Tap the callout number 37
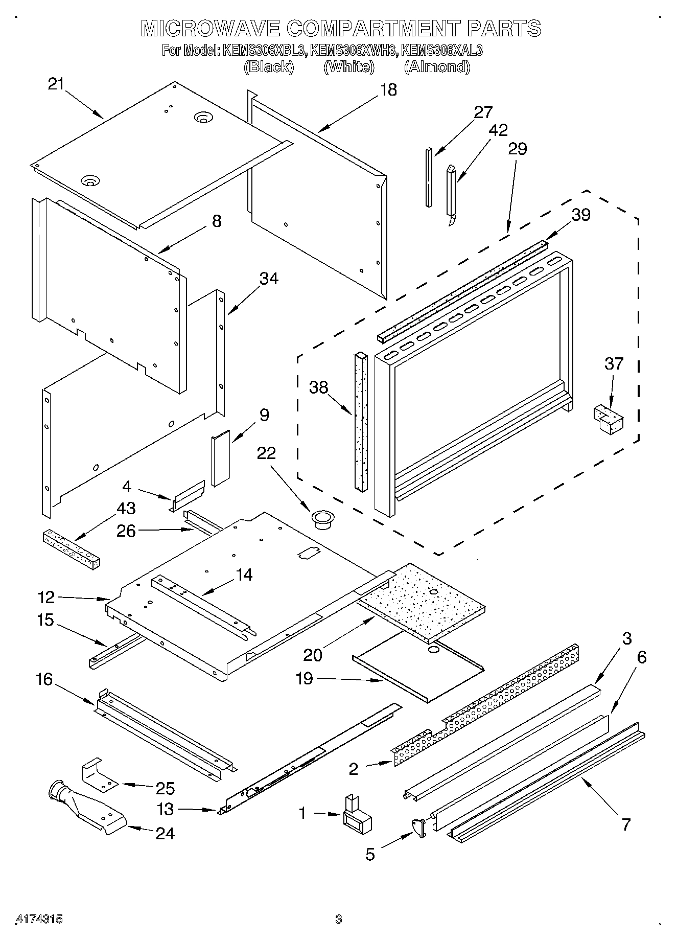tap(614, 364)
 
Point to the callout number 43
tap(126, 508)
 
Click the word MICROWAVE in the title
tap(210, 29)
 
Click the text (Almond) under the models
tap(437, 67)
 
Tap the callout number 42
tap(498, 130)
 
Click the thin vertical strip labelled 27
tap(429, 177)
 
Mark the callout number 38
tap(318, 388)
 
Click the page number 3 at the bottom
tap(338, 919)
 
